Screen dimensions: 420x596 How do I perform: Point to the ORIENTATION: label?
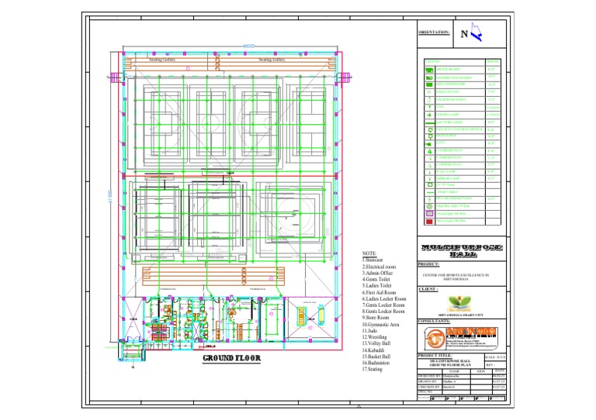pos(434,33)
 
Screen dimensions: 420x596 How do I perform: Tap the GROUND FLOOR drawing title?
pos(231,359)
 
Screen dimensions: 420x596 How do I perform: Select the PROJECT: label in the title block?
pos(429,264)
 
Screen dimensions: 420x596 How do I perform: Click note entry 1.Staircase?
pos(375,260)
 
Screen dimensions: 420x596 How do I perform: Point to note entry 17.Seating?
pos(372,369)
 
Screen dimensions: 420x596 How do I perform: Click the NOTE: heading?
pos(369,253)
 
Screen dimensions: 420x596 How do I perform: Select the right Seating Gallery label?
pos(272,59)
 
